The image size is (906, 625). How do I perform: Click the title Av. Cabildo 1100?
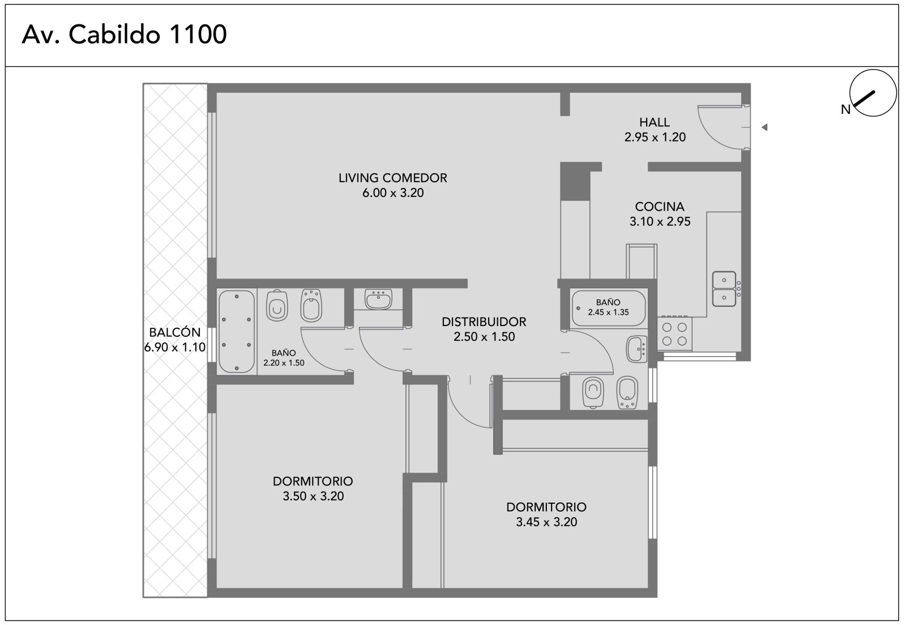(x=124, y=35)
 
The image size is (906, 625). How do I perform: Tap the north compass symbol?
(x=873, y=93)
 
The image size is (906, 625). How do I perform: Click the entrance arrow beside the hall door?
(x=764, y=127)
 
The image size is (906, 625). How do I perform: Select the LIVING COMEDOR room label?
(x=393, y=178)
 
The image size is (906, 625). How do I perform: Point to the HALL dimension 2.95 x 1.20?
(x=655, y=137)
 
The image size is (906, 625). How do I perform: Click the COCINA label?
(x=660, y=207)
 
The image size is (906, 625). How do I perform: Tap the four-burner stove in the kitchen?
(x=674, y=333)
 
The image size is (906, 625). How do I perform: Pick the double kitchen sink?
(x=724, y=289)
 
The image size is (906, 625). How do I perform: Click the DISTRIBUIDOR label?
(x=484, y=322)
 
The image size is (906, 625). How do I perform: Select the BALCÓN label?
(x=175, y=332)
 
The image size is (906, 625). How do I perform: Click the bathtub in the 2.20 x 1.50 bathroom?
(x=237, y=332)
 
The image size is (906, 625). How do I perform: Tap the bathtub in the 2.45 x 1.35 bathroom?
(x=608, y=309)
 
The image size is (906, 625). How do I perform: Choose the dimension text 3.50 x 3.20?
(x=313, y=496)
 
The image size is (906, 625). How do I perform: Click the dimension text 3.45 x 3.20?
(x=546, y=522)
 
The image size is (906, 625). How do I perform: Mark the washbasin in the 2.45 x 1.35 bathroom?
(x=636, y=349)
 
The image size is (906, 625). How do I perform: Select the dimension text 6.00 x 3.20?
(x=393, y=193)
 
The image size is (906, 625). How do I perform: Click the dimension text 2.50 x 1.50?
(x=484, y=337)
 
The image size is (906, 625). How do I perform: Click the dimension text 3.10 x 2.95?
(x=660, y=221)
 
